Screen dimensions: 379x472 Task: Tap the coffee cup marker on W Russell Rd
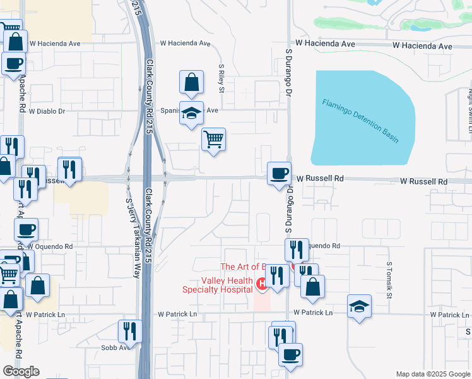coord(278,173)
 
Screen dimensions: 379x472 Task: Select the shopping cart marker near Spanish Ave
coord(214,139)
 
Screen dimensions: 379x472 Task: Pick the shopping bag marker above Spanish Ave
coord(191,82)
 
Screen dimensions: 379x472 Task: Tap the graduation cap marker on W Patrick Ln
coord(360,306)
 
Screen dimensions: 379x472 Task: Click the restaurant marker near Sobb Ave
coord(130,331)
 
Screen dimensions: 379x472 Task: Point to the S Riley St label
coord(221,78)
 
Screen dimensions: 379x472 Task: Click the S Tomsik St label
coord(389,280)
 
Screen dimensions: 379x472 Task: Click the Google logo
coord(21,371)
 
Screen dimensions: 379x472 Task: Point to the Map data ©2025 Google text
coord(432,374)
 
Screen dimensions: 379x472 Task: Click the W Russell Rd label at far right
coord(424,181)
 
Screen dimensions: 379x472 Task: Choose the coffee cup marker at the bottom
coord(290,355)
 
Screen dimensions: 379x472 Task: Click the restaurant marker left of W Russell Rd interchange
coord(69,169)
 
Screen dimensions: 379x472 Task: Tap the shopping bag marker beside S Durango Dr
coord(312,287)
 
